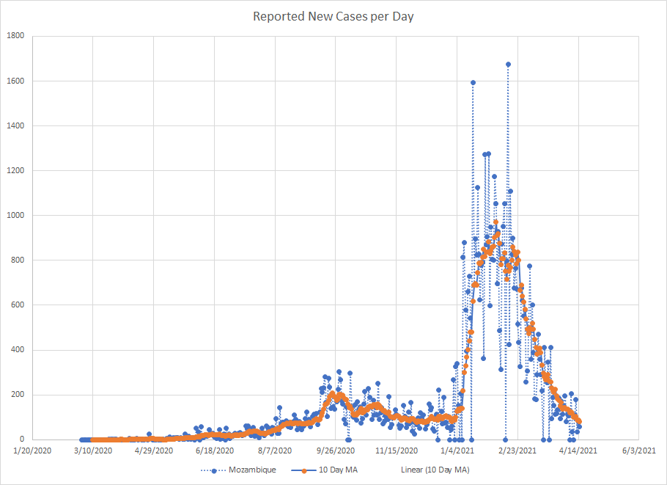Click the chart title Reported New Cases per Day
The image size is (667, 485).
[x=333, y=16]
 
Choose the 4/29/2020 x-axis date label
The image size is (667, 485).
[x=153, y=451]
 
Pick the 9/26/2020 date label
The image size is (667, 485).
[x=336, y=451]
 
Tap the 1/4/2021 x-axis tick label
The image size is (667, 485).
[x=457, y=451]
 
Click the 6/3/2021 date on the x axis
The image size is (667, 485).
[x=640, y=451]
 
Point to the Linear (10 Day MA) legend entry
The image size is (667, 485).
[x=434, y=470]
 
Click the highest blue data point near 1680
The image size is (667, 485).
[x=508, y=65]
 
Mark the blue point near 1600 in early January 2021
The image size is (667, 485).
[x=473, y=83]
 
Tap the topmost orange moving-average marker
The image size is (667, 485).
[x=495, y=222]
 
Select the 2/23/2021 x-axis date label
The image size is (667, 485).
[x=518, y=451]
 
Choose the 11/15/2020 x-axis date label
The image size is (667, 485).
[x=397, y=451]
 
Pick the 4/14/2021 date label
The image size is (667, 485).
[x=579, y=451]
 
